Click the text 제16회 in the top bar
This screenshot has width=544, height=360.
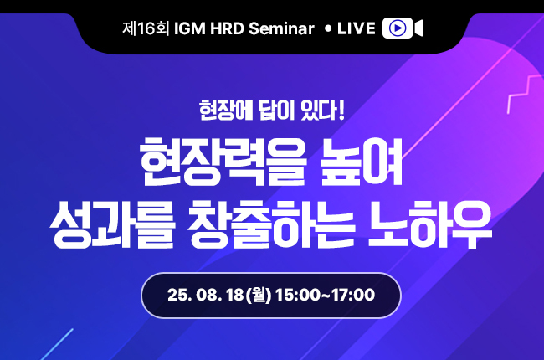[146, 28]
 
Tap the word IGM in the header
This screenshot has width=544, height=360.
[190, 28]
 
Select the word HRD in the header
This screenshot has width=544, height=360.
[228, 28]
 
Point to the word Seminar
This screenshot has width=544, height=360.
[281, 28]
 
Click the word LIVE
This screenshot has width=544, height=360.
[357, 28]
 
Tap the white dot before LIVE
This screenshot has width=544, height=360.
[328, 28]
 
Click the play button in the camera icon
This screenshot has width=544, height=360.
[398, 28]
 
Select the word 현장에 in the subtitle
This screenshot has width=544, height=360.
[226, 111]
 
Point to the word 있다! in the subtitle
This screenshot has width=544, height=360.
[323, 111]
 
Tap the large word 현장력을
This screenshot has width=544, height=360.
[223, 162]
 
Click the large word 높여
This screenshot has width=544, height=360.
[362, 162]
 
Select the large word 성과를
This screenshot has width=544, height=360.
[111, 224]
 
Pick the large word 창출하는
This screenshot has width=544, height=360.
[271, 224]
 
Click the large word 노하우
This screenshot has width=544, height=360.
[429, 224]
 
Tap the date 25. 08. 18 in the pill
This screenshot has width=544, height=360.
[205, 295]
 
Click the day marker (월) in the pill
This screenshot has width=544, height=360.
[259, 295]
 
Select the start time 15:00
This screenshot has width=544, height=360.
[299, 295]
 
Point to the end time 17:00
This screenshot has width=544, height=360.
[353, 295]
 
